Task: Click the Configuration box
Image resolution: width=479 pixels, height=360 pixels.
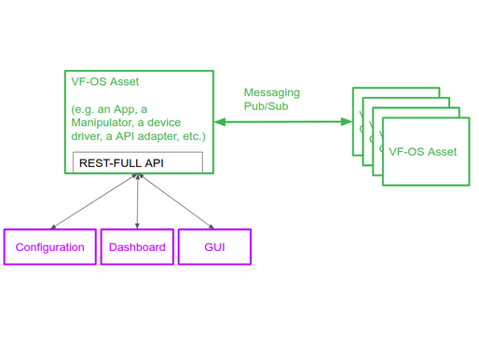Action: point(49,247)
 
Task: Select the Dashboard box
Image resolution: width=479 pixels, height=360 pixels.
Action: point(137,247)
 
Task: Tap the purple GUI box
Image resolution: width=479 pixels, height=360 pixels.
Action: point(214,247)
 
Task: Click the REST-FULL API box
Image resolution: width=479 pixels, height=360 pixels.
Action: point(138,161)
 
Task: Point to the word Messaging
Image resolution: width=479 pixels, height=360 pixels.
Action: point(271,93)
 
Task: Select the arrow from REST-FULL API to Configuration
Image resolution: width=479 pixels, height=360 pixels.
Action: point(93,201)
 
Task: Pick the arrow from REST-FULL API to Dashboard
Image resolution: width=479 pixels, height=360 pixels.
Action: point(138,201)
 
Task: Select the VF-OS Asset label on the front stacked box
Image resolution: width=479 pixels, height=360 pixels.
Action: point(422,152)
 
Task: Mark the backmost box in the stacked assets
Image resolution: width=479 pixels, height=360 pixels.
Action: point(396,93)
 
